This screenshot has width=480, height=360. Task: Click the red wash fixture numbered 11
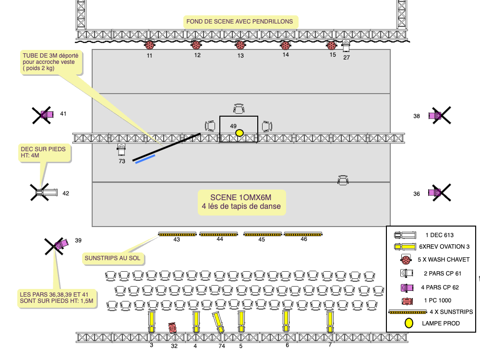tap(150, 46)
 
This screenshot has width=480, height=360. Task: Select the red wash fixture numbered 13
tap(240, 45)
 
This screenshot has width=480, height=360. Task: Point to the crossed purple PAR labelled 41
tap(46, 114)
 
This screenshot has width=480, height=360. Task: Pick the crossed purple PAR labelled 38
tap(437, 115)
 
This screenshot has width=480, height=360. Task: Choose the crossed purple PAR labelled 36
tap(437, 192)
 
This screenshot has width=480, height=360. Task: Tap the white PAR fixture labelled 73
tap(121, 150)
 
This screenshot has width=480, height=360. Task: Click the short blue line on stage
tap(145, 159)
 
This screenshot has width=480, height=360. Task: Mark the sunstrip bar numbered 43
tap(177, 234)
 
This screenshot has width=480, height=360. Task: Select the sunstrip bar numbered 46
tap(303, 234)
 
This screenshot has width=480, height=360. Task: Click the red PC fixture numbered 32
tap(173, 327)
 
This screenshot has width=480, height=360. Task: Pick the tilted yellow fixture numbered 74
tap(219, 323)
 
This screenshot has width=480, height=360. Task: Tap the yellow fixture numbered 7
tap(330, 322)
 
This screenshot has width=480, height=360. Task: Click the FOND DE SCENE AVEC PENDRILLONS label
tap(240, 21)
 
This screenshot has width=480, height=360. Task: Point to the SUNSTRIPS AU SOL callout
tap(113, 258)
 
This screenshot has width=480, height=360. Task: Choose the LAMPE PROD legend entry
tap(441, 324)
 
